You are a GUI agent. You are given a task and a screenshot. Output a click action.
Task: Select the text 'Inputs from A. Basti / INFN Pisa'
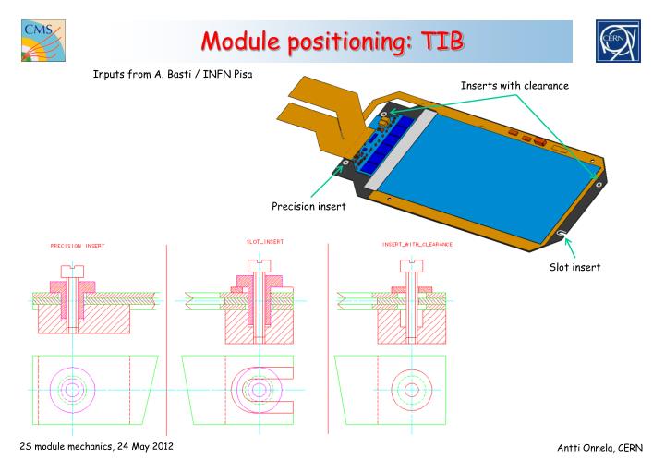[x=173, y=74]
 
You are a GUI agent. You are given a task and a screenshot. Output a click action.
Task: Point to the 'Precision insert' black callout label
[x=308, y=206]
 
